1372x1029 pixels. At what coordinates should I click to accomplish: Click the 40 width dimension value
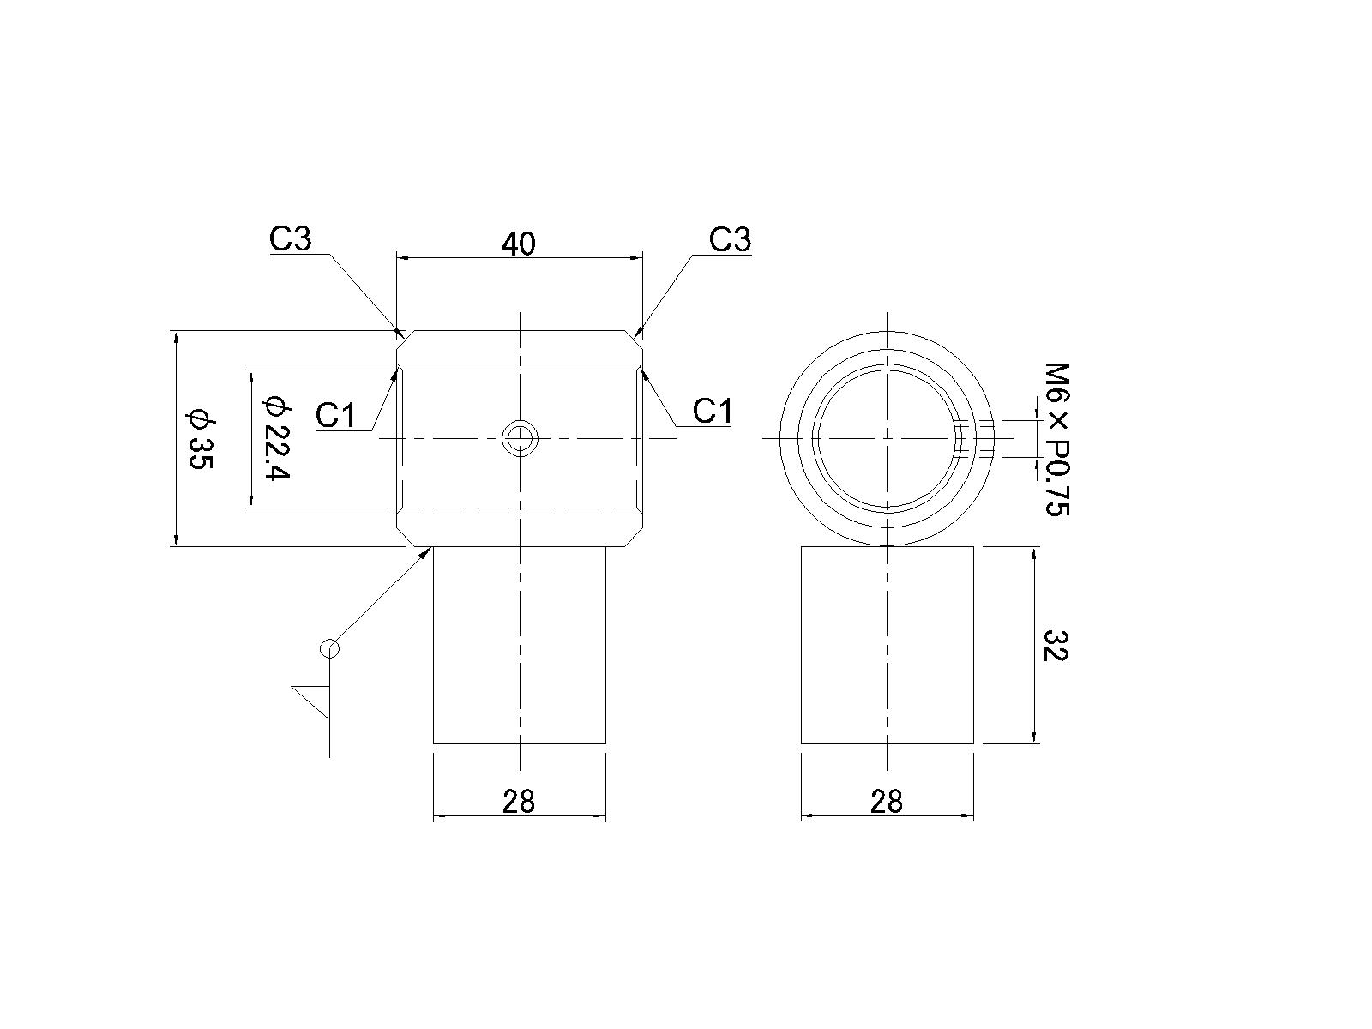pos(519,244)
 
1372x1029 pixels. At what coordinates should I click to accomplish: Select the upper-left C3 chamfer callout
pos(291,238)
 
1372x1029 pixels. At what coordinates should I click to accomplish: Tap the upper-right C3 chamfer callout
pos(730,239)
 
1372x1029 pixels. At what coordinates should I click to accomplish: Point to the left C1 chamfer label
pos(335,415)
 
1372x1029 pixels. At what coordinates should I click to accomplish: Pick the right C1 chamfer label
pos(713,411)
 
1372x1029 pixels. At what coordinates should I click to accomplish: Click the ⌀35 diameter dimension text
pos(202,438)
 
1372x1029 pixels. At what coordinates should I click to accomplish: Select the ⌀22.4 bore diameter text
pos(276,437)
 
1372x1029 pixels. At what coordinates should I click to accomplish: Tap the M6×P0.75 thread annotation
pos(1057,440)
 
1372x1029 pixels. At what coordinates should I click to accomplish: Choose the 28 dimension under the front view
pos(519,802)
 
